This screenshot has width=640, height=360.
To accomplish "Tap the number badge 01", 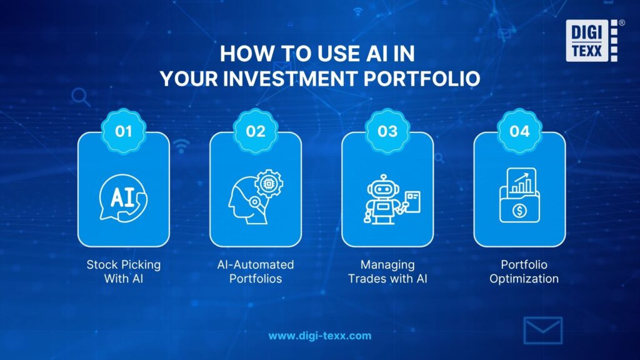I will coord(124,131).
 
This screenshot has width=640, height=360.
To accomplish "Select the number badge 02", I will coord(256,131).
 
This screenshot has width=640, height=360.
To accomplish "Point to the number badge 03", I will coord(387,131).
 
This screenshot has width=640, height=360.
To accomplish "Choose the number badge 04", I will coord(519,131).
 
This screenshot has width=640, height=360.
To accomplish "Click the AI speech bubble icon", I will coord(124,198).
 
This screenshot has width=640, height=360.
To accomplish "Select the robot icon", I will coord(387,199).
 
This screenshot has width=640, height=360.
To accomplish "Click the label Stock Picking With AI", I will coord(124,271).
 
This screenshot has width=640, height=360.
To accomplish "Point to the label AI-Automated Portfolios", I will coord(256,271).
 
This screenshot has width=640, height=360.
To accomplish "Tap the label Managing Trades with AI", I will coord(387,271).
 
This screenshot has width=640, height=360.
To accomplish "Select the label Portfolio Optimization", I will coord(519,271).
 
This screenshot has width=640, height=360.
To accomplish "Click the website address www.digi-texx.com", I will coord(320,336).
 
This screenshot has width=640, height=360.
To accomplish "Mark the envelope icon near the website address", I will coord(542,331).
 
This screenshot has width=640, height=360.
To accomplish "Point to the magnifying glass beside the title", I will coord(81,97).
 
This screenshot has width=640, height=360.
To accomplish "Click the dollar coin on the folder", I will coord(519,211).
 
